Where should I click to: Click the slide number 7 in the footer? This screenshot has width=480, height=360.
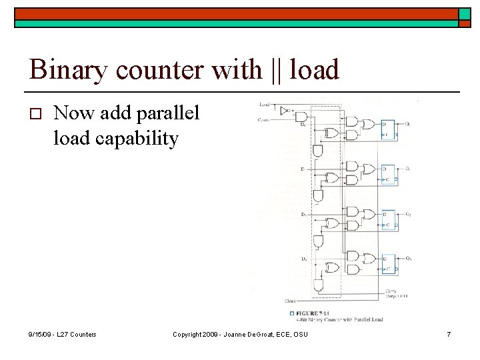tap(449, 333)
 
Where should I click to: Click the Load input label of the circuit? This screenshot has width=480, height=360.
tap(265, 105)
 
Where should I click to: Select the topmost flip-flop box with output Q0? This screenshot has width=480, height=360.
tap(388, 130)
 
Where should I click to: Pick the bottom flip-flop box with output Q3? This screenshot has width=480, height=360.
tap(388, 265)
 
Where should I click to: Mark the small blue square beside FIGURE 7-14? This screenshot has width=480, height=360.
tap(291, 313)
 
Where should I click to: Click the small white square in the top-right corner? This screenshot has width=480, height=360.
tap(463, 13)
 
